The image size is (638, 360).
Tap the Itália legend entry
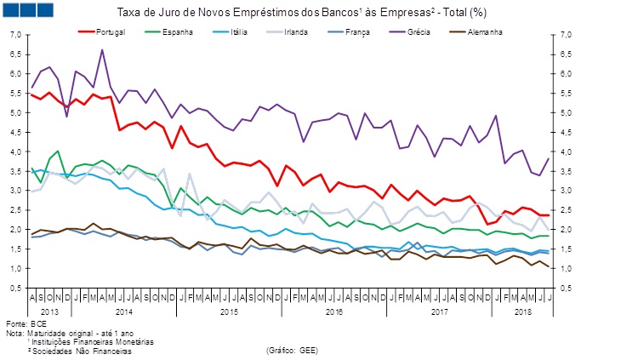pos(231,31)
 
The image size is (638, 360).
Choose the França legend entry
pos(356,31)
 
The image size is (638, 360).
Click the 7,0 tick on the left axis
pos(14,35)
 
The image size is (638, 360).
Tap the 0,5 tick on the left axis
pos(14,288)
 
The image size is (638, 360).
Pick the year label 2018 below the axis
pos(526,312)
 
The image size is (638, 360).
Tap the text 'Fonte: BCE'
pos(26,324)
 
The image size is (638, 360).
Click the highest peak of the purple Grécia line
pos(102,49)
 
